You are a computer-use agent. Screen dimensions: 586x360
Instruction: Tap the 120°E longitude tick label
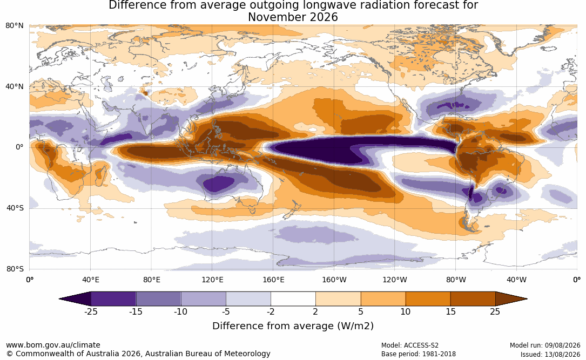[212, 280]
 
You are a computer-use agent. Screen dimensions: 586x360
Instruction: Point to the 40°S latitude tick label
[15, 208]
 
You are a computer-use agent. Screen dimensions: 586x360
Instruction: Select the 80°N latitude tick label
[15, 26]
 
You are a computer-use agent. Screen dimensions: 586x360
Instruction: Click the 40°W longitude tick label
[516, 280]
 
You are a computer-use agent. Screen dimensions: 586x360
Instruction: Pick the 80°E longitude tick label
[151, 280]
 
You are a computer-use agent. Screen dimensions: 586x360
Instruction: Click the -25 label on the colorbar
[91, 311]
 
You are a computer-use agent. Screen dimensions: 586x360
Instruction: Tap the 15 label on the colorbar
[450, 311]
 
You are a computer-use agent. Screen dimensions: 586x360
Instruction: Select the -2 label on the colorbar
[271, 311]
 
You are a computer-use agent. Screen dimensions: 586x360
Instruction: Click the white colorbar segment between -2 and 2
[293, 299]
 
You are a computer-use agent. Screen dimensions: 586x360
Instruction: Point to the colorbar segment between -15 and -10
[158, 299]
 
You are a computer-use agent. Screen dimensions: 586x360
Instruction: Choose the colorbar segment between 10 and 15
[428, 299]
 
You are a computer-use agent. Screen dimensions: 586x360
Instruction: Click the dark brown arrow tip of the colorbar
[527, 299]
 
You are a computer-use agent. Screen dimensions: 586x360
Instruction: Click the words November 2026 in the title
[293, 17]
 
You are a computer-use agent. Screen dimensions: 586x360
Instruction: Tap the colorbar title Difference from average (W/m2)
[293, 326]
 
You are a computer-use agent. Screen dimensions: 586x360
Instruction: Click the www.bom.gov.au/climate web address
[53, 345]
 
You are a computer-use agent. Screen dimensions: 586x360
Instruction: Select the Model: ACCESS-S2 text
[410, 345]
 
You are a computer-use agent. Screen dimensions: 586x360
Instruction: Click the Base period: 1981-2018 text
[419, 354]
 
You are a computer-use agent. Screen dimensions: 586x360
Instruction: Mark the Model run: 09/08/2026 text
[545, 345]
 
